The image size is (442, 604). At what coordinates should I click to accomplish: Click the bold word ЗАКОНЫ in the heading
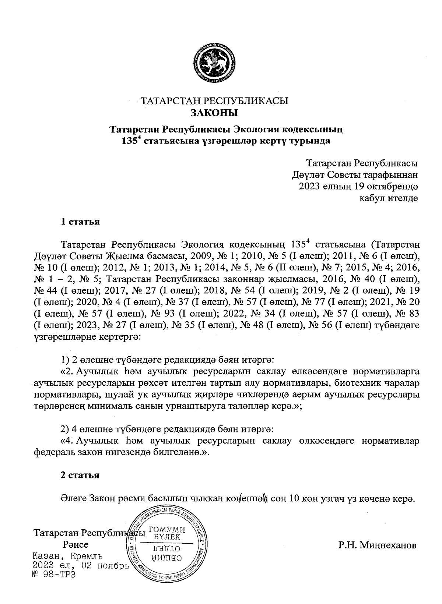click(x=214, y=113)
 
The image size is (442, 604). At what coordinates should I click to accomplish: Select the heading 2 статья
click(x=80, y=475)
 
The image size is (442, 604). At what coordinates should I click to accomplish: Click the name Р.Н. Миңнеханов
click(x=378, y=545)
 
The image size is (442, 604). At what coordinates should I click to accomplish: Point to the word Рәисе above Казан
click(x=76, y=545)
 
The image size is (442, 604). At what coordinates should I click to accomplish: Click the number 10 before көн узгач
click(x=295, y=499)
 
